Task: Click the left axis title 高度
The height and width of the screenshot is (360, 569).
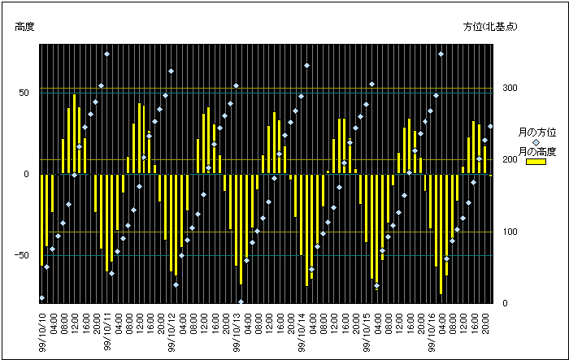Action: [24, 27]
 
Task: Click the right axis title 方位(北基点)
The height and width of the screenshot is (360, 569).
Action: [491, 27]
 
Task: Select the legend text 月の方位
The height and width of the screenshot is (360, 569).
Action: [537, 132]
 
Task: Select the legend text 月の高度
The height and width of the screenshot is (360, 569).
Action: [537, 152]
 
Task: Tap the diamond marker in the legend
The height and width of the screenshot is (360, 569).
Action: [536, 142]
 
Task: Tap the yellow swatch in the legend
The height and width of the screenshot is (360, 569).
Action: [536, 162]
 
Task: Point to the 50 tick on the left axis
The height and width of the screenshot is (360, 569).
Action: [24, 93]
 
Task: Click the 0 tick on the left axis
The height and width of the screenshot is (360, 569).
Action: [27, 174]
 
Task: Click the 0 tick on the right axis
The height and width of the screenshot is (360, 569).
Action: [502, 304]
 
